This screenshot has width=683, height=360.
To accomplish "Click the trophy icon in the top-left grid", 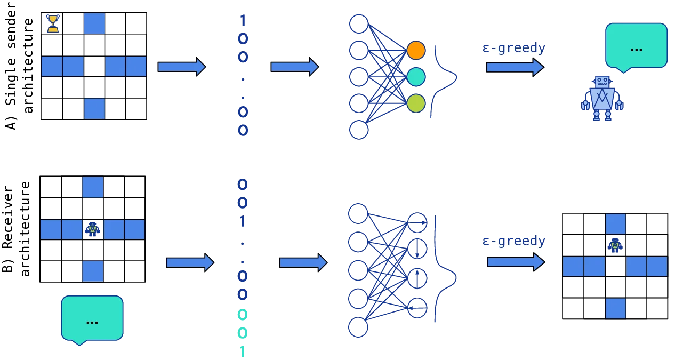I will pos(52,23).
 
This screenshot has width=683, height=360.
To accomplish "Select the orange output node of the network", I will pos(416,50).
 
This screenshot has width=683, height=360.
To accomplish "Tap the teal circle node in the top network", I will pos(416,77).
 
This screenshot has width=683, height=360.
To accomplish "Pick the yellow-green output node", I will pos(416,103).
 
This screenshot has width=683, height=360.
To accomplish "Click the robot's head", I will pos(602,82).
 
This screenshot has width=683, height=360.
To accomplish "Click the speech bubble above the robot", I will pos(636,46).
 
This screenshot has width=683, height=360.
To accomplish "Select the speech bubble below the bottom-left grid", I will pos(92,318).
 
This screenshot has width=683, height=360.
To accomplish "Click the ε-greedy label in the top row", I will pos(513,49).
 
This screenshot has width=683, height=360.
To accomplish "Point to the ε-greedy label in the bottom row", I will pos(513,241).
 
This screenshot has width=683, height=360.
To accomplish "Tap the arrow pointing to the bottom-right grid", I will pos(515,262).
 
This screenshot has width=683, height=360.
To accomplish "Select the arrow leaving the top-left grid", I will pos(181,66).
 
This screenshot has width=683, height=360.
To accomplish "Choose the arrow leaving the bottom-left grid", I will pos(189,262).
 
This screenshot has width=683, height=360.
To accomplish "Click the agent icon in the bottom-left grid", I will pos(92,229).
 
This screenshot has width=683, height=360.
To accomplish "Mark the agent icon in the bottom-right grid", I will pos(615,244).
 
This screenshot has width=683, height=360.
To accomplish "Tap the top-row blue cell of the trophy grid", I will pos(94,23).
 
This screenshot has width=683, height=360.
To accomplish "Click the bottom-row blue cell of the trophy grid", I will pos(94,109).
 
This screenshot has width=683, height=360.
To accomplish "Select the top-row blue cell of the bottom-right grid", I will pos(615,223).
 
